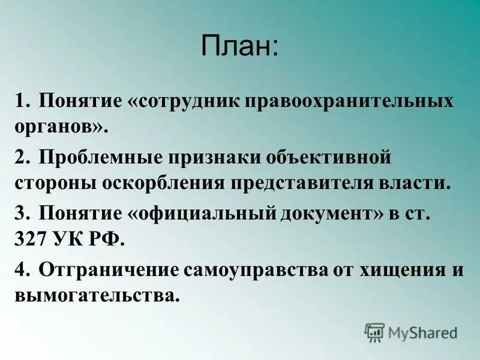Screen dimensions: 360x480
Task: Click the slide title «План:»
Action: pyautogui.click(x=240, y=47)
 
